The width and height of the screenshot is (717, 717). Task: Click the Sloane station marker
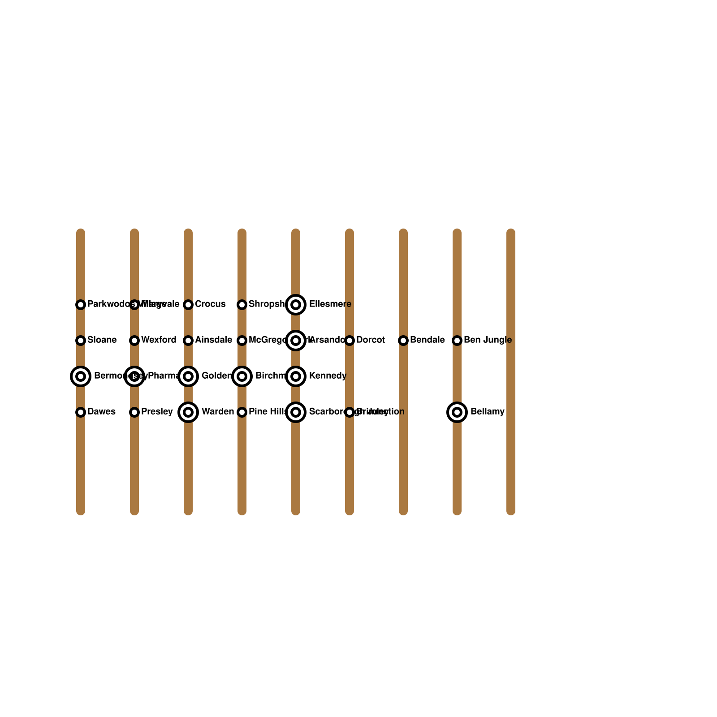pyautogui.click(x=81, y=341)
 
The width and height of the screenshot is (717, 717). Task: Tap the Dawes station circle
pyautogui.click(x=81, y=412)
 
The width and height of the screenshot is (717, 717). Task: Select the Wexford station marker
pyautogui.click(x=134, y=341)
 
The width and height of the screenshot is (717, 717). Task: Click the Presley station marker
pyautogui.click(x=134, y=412)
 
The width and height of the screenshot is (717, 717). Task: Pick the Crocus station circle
pyautogui.click(x=188, y=305)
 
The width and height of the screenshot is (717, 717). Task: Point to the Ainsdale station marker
pyautogui.click(x=188, y=341)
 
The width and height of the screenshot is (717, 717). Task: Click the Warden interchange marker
pyautogui.click(x=188, y=412)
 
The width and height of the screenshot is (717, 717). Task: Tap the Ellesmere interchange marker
pyautogui.click(x=296, y=305)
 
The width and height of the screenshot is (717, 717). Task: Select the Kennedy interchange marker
pyautogui.click(x=296, y=376)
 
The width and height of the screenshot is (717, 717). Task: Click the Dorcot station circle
pyautogui.click(x=350, y=341)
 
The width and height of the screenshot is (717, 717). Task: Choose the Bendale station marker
pyautogui.click(x=403, y=341)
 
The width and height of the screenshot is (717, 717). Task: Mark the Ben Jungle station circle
pyautogui.click(x=457, y=341)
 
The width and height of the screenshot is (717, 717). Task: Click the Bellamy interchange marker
pyautogui.click(x=457, y=412)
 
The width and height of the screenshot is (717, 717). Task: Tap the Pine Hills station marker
pyautogui.click(x=242, y=412)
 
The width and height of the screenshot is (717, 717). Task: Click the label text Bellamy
pyautogui.click(x=487, y=412)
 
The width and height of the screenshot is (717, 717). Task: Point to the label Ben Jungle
pyautogui.click(x=488, y=340)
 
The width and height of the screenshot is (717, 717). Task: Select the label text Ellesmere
pyautogui.click(x=330, y=304)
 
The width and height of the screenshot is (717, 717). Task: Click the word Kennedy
pyautogui.click(x=328, y=376)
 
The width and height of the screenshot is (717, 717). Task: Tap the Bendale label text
pyautogui.click(x=427, y=340)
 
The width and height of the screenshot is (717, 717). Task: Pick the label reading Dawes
pyautogui.click(x=101, y=412)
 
